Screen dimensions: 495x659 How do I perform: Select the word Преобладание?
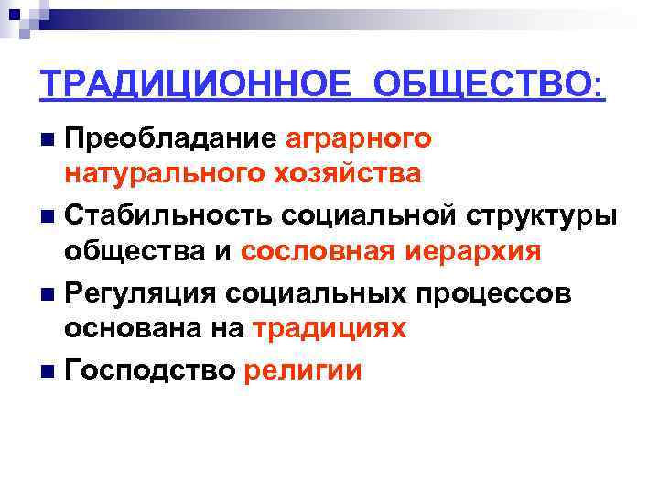tap(170, 138)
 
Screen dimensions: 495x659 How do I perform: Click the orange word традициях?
tap(329, 328)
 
